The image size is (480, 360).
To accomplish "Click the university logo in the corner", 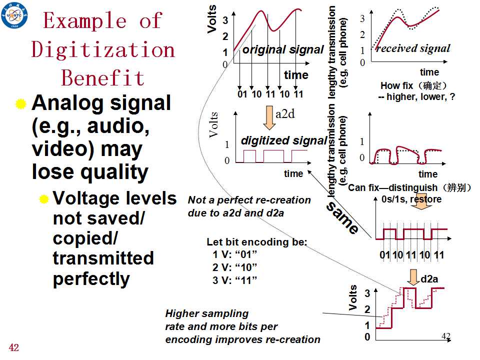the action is pyautogui.click(x=14, y=15).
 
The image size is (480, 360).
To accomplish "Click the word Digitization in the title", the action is pyautogui.click(x=103, y=49).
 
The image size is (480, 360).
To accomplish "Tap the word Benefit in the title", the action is pyautogui.click(x=102, y=77).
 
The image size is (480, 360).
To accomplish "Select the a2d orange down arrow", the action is pyautogui.click(x=269, y=118).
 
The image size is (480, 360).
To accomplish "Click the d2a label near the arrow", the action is pyautogui.click(x=429, y=279).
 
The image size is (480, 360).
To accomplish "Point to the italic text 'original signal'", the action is pyautogui.click(x=283, y=49).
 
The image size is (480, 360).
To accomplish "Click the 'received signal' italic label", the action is pyautogui.click(x=413, y=48).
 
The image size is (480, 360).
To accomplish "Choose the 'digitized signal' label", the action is pyautogui.click(x=284, y=140).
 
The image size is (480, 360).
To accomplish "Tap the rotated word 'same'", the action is pyautogui.click(x=342, y=217).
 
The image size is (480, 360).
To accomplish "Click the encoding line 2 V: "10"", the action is pyautogui.click(x=234, y=267).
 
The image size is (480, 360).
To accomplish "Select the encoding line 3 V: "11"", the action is pyautogui.click(x=234, y=280).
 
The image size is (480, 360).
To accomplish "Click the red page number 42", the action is pyautogui.click(x=14, y=347).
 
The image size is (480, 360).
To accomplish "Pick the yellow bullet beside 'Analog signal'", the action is pyautogui.click(x=21, y=104).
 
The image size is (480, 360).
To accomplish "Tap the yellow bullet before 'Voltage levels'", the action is pyautogui.click(x=44, y=199).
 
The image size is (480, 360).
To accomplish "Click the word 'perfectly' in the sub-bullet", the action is pyautogui.click(x=91, y=279).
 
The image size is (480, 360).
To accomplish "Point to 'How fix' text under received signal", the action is pyautogui.click(x=396, y=85).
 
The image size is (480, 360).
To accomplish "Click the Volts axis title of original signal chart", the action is pyautogui.click(x=212, y=19).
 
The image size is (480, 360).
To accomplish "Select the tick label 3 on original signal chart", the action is pyautogui.click(x=225, y=20).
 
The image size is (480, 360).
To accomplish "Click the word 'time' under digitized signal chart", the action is pyautogui.click(x=293, y=173).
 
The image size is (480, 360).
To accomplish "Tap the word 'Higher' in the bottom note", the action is pyautogui.click(x=182, y=313).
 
